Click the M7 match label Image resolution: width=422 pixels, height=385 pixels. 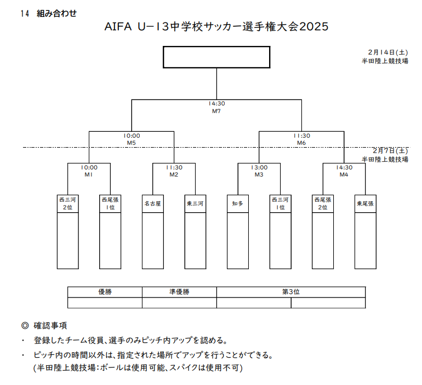pos(216,110)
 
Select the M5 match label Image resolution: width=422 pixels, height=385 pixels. pos(132,143)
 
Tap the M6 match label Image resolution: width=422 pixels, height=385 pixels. pos(301,143)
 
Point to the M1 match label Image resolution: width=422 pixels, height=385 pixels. pos(89,175)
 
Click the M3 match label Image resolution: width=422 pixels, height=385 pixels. pos(259,175)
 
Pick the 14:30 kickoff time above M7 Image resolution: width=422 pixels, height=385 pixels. pos(216,103)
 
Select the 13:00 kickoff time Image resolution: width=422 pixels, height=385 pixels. pos(259,168)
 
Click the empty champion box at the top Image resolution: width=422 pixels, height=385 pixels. pos(216,57)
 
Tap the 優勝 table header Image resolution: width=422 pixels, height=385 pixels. pos(105,292)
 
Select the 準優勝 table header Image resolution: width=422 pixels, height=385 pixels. pos(179,292)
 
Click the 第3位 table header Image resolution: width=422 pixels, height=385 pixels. pos(290,292)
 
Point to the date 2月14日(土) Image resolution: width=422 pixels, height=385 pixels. pos(388,52)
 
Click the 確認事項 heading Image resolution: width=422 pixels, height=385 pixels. pos(50,325)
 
